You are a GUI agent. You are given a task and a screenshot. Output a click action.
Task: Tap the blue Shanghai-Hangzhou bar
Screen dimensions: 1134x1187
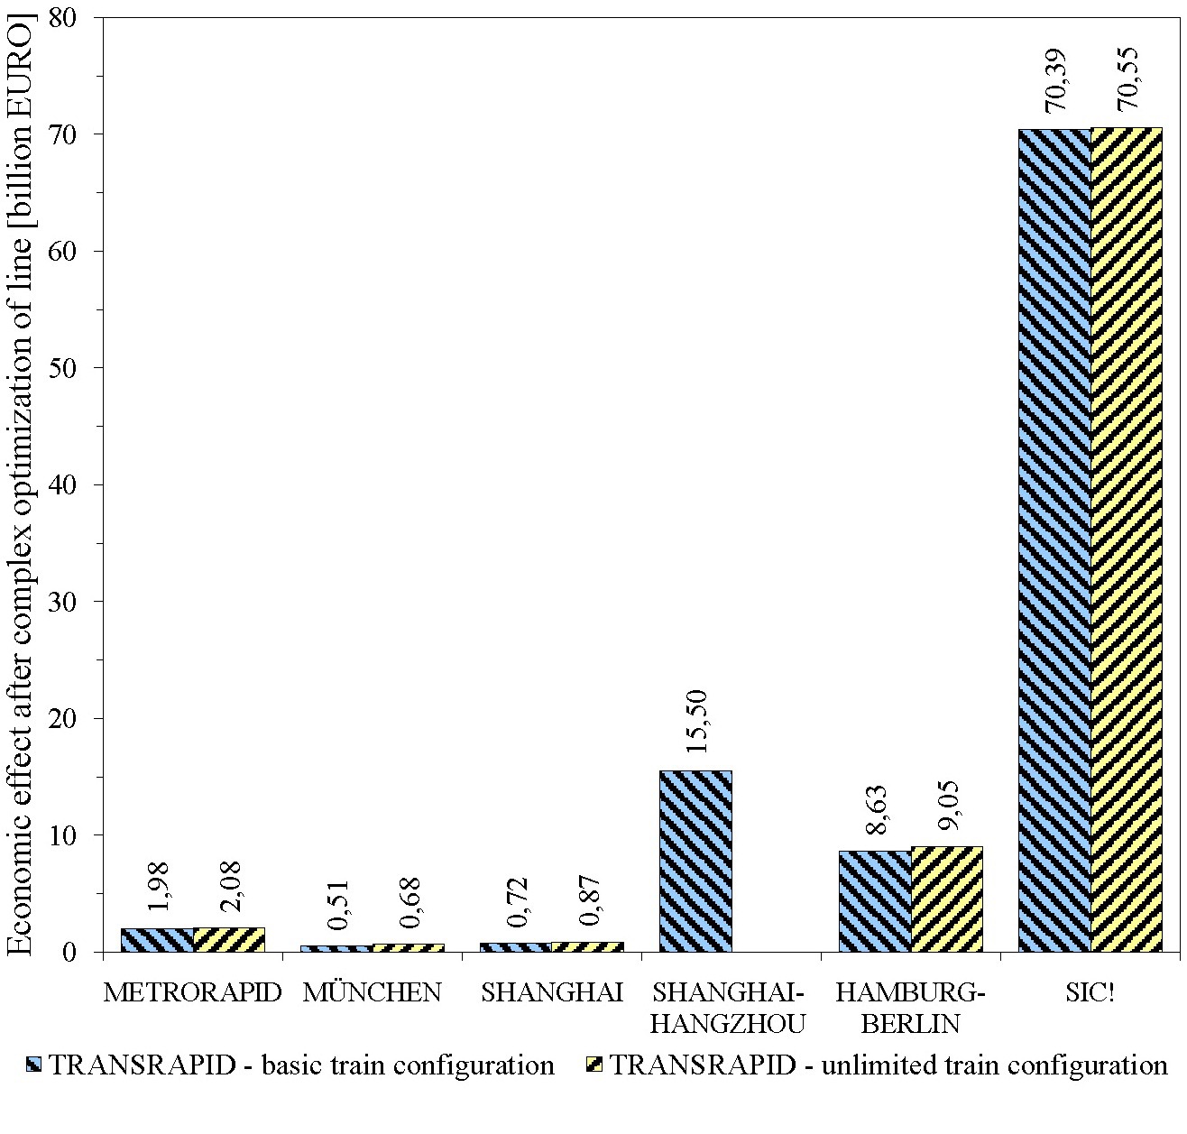click(695, 861)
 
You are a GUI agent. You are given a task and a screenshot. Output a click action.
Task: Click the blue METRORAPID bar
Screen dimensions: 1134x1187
click(157, 939)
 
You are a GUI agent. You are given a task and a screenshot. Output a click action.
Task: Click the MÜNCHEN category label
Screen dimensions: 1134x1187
click(373, 992)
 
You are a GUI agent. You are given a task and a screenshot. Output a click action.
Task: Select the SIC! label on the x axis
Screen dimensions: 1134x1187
click(1090, 992)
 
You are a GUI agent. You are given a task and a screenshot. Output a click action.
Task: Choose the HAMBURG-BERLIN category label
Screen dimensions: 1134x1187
click(910, 1008)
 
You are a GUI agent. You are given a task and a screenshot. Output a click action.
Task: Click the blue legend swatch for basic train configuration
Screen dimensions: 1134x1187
click(33, 1065)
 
